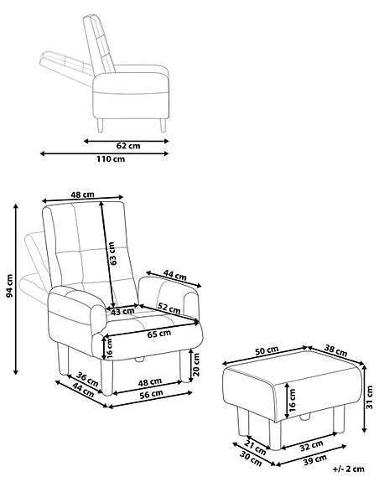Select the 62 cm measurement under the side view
[127, 144]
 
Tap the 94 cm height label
[9, 287]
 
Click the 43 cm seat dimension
[122, 311]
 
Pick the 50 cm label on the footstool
[267, 349]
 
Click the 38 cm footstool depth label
[336, 352]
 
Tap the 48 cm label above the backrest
[82, 194]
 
